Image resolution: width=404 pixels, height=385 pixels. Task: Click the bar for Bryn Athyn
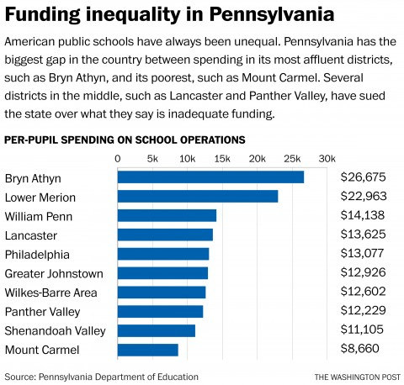click(210, 177)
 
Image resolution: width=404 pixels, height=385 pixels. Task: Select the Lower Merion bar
click(198, 197)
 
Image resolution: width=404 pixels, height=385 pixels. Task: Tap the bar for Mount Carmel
click(147, 350)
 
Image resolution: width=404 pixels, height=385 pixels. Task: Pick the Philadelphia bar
click(163, 254)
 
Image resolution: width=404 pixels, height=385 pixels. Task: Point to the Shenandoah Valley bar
click(157, 330)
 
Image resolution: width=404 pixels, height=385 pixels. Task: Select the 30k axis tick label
click(327, 158)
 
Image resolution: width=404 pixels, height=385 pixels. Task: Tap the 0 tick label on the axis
click(118, 158)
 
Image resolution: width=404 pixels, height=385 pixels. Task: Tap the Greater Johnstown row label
click(54, 273)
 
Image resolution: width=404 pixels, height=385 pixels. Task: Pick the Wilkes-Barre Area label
click(51, 293)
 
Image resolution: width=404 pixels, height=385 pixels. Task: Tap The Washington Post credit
click(353, 376)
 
